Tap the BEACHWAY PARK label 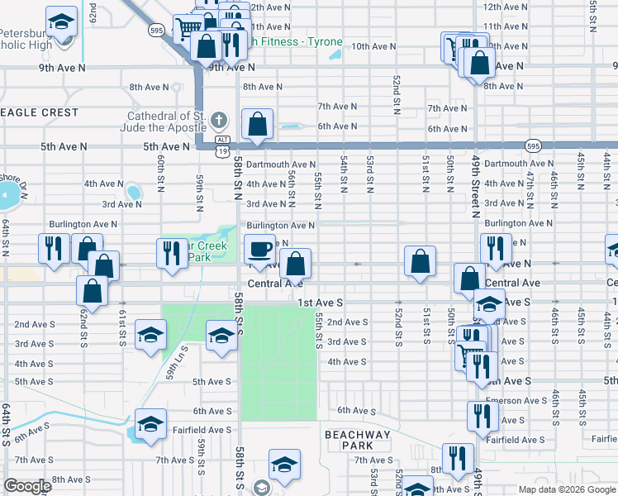click(357, 440)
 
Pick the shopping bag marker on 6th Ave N click(258, 125)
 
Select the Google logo click(28, 486)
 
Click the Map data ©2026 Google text click(567, 489)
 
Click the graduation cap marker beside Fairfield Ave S click(150, 424)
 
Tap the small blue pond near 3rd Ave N click(133, 193)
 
